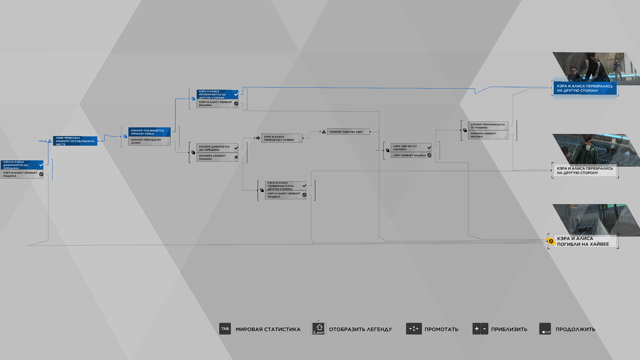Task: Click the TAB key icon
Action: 225,329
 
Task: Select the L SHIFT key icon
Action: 319,329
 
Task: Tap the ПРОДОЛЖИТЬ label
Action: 575,329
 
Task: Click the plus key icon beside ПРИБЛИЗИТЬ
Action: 476,329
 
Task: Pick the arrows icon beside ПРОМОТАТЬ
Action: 414,329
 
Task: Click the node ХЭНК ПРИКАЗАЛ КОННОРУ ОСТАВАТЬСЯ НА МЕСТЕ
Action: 75,141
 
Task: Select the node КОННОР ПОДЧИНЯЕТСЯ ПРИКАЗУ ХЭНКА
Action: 149,132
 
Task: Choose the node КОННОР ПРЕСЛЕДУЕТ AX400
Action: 149,141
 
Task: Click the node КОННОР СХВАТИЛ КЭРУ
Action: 348,132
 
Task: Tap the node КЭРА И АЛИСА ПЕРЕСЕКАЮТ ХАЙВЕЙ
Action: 282,138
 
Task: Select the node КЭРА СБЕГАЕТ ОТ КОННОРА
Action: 411,148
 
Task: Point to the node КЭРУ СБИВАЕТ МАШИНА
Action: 411,155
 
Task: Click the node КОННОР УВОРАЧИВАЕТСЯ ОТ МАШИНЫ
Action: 488,126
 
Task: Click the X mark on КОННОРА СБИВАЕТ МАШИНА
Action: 236,157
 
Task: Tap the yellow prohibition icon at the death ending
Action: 551,241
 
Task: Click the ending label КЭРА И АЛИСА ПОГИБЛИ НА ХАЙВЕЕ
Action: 583,241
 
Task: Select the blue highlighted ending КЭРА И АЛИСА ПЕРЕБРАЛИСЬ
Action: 585,88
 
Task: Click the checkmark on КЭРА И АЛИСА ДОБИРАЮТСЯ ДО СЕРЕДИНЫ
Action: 41,165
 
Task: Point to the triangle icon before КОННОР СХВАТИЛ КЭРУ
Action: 324,132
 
